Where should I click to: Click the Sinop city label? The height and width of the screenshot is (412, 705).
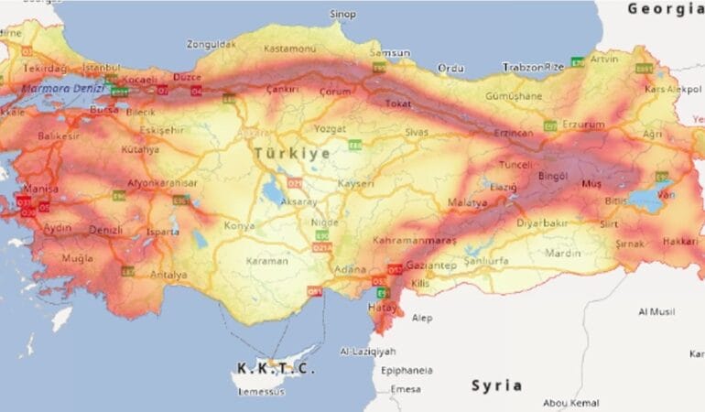[342, 14]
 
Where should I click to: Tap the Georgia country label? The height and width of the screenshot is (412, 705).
[665, 8]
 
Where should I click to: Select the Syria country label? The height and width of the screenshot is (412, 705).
[496, 385]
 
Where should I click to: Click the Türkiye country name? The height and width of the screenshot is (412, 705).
[293, 153]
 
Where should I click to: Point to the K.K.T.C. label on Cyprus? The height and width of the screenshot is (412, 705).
[276, 368]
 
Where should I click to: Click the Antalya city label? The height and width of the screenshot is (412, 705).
[168, 275]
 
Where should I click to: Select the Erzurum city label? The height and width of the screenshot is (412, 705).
[583, 124]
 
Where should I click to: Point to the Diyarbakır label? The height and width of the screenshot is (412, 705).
[542, 222]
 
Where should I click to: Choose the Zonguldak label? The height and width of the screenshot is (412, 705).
[211, 43]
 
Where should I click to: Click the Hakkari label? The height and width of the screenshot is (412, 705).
[679, 242]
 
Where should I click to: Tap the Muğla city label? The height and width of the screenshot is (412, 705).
[77, 258]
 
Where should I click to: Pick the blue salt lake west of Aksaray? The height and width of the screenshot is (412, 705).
[273, 193]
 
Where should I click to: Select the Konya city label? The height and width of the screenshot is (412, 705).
[240, 225]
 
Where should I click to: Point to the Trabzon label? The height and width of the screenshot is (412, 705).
[523, 67]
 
